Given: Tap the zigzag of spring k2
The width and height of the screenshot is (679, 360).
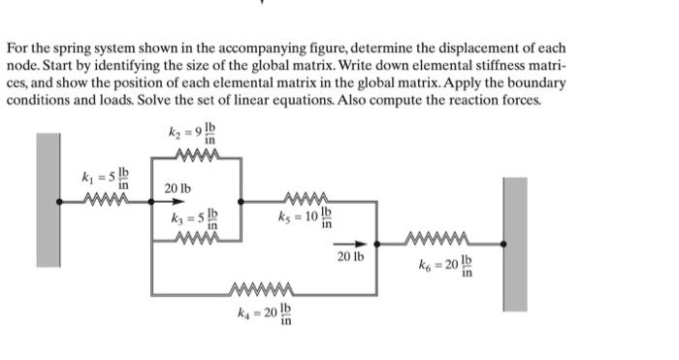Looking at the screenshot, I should coord(197,153).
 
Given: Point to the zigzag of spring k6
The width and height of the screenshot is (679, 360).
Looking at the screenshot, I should coord(439,239).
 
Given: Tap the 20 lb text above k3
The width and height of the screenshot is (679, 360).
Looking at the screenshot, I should coord(178,187).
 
